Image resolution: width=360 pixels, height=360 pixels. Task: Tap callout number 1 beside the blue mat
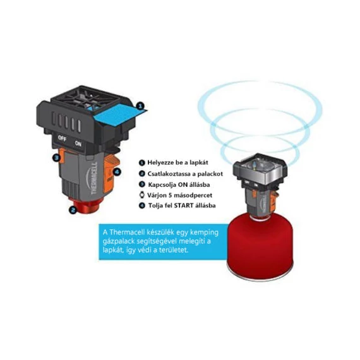pos(140,106)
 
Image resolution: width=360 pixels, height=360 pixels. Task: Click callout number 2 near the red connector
pos(73,210)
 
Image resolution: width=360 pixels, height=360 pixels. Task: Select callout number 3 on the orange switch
pos(56,158)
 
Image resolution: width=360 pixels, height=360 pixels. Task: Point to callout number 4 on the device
pos(117,172)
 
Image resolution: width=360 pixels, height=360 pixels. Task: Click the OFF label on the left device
pos(63,138)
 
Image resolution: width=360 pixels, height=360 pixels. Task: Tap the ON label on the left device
pos(78,143)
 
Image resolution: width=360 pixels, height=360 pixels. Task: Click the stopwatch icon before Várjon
pos(142,195)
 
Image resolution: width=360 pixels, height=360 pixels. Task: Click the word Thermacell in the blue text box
pos(127,232)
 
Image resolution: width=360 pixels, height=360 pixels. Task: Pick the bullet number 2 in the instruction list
pos(142,174)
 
